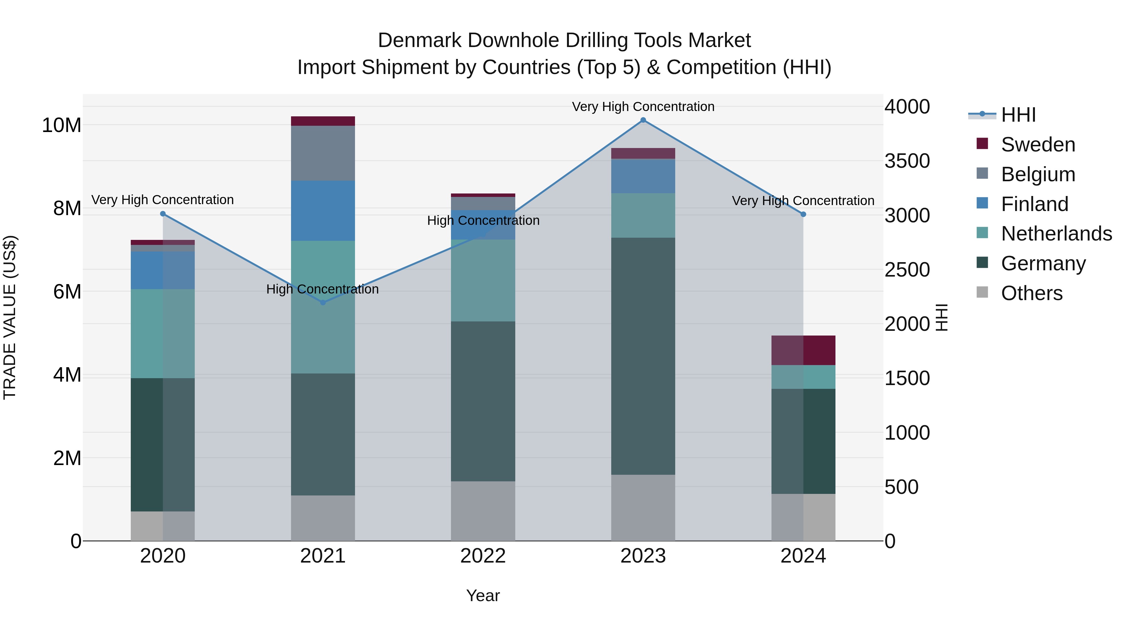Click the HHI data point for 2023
tap(643, 120)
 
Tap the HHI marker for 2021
tap(323, 302)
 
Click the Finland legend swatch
tap(983, 203)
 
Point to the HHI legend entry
tap(1018, 115)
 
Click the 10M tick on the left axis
tap(61, 125)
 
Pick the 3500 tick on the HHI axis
tap(907, 161)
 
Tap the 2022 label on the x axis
tap(483, 556)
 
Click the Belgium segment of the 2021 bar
tap(323, 153)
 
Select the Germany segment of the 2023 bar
tap(643, 356)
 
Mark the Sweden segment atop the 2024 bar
tap(803, 350)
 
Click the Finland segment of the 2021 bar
tap(323, 210)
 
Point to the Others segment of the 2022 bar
tap(483, 511)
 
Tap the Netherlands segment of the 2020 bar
tap(162, 334)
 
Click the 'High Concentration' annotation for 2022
tap(483, 220)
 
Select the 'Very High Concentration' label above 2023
tap(643, 107)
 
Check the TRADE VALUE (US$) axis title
tap(10, 317)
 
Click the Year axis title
tap(483, 595)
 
